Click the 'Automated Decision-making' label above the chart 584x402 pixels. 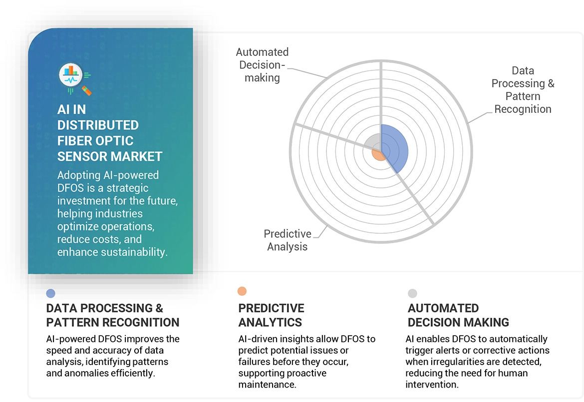262,65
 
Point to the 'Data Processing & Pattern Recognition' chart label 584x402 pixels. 523,90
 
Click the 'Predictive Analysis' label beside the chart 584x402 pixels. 288,240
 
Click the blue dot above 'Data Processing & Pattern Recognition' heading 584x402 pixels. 50,294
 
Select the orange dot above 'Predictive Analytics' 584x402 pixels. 242,291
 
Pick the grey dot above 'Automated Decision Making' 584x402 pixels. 412,293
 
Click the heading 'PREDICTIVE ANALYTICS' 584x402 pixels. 271,315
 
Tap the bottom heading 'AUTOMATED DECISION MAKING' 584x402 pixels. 458,315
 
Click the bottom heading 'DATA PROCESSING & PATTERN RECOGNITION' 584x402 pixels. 112,315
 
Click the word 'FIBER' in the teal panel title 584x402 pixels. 77,140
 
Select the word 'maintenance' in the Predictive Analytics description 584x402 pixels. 267,384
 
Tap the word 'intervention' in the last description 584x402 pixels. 433,385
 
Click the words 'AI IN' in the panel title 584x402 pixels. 71,109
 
